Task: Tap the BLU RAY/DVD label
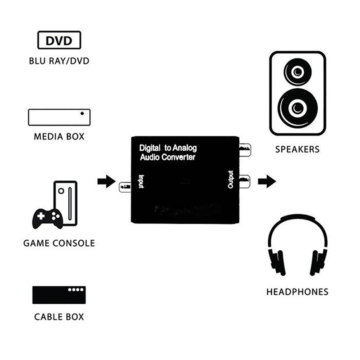pos(59,61)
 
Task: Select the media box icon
pos(59,117)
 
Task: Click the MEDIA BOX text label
pos(59,136)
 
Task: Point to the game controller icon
pos(47,218)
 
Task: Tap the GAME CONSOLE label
pos(59,243)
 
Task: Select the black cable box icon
pos(59,295)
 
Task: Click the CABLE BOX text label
pos(59,317)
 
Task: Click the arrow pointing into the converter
pos(106,182)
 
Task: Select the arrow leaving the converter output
pos(267,182)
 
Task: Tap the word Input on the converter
pos(141,182)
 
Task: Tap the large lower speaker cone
pos(297,108)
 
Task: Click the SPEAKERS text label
pos(297,149)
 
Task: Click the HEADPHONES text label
pos(297,292)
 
